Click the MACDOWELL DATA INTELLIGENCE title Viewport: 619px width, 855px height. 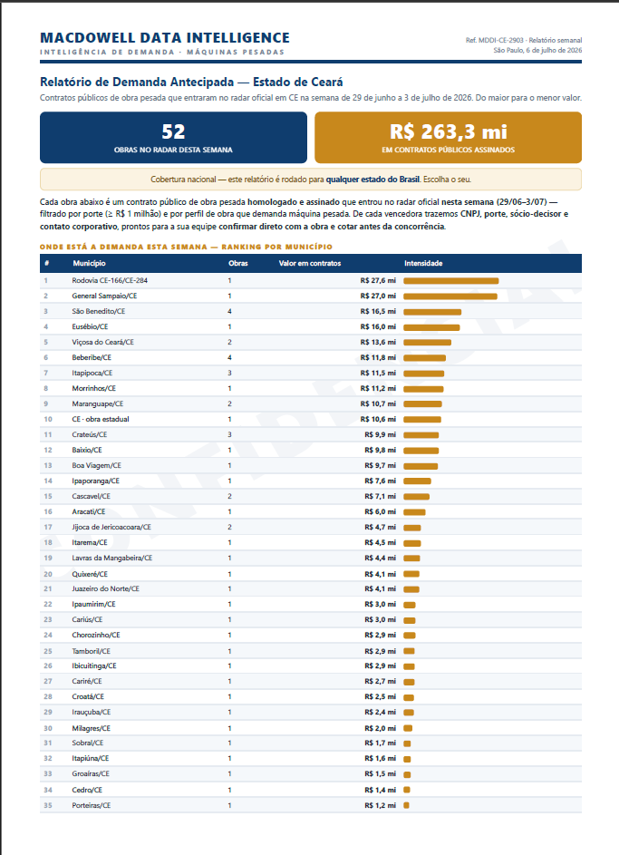(x=165, y=37)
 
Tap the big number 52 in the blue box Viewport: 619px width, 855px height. (x=173, y=131)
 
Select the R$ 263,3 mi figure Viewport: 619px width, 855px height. (x=448, y=131)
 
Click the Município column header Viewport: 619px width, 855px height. (x=90, y=263)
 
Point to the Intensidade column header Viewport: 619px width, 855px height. (x=423, y=263)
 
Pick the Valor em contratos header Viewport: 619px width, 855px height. (x=310, y=263)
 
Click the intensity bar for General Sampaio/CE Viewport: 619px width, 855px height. (x=450, y=296)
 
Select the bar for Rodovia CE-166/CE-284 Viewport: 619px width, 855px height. (x=451, y=281)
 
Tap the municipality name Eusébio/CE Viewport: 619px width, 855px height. (x=90, y=326)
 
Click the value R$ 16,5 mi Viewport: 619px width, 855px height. (x=378, y=311)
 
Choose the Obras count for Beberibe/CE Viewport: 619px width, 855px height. (x=229, y=358)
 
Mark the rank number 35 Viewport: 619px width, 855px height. (x=48, y=805)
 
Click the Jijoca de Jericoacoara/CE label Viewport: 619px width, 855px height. (x=111, y=528)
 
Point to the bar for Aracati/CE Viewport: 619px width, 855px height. (x=415, y=512)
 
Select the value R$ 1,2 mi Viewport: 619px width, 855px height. (x=381, y=805)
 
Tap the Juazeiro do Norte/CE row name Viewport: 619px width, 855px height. (x=106, y=589)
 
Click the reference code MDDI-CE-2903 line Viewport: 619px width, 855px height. (x=524, y=41)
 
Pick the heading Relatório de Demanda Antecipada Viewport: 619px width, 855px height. (x=137, y=82)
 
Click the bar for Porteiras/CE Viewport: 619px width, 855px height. (x=407, y=805)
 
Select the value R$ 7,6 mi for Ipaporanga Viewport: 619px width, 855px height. (x=381, y=481)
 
